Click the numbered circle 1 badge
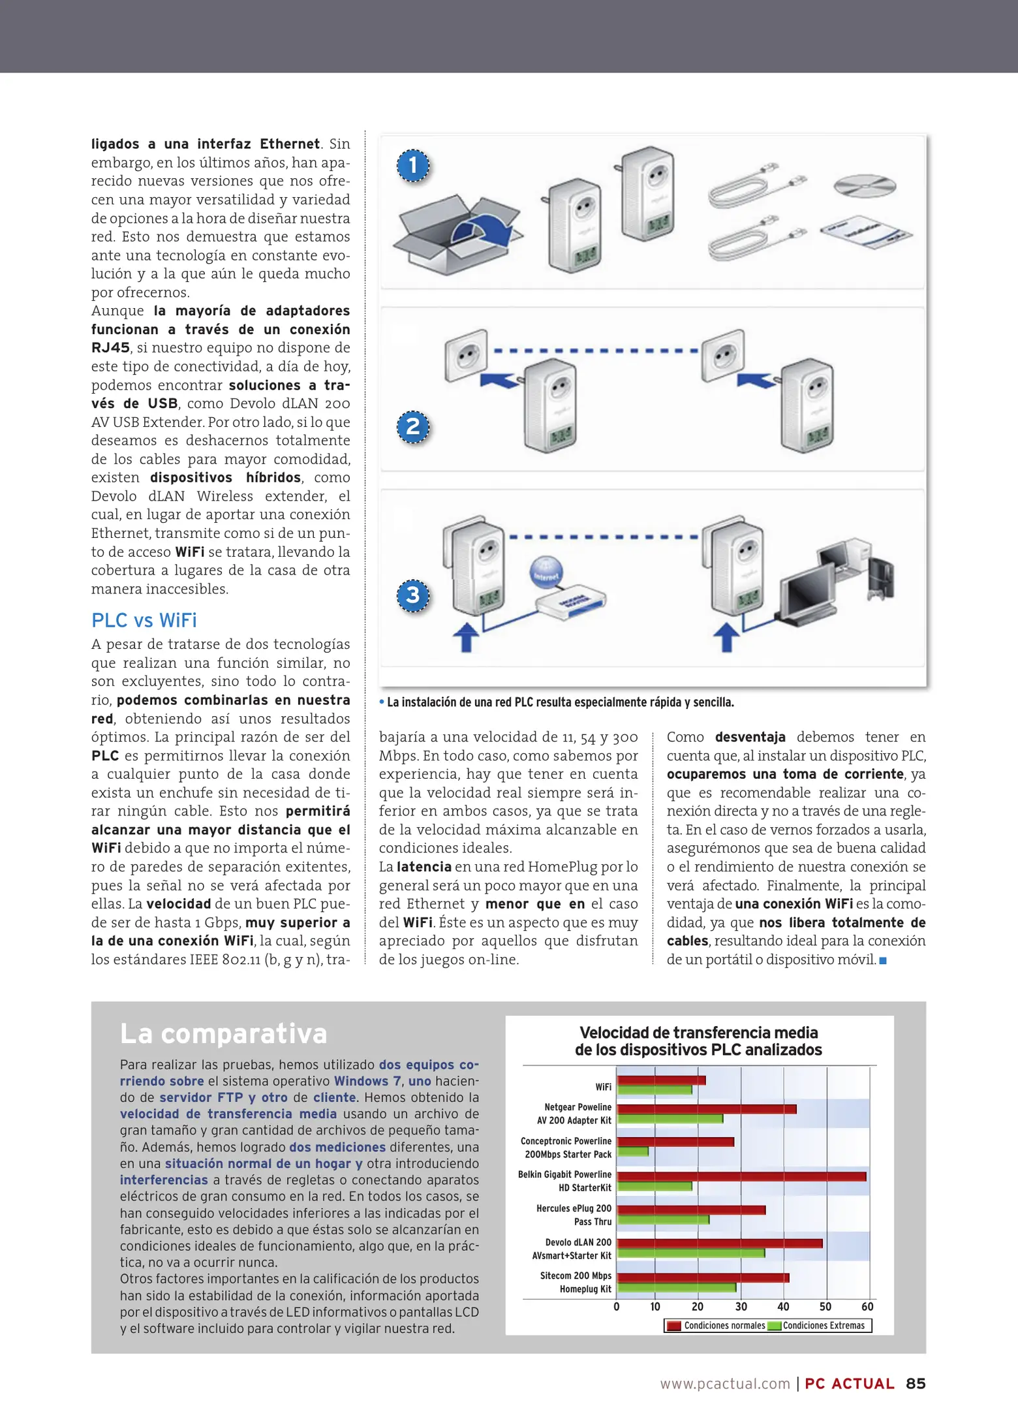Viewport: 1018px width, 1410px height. click(x=413, y=166)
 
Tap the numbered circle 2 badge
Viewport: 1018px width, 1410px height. click(x=413, y=428)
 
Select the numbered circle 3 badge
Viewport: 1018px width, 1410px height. click(x=413, y=595)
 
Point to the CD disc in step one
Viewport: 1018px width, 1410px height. click(x=864, y=186)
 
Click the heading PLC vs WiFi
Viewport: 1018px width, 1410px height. click(x=144, y=620)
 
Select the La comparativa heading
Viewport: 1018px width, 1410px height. click(x=224, y=1034)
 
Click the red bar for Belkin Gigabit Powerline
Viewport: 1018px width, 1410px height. click(x=741, y=1176)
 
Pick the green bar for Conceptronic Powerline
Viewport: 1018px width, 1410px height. click(x=633, y=1151)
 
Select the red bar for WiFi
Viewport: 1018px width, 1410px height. click(x=661, y=1080)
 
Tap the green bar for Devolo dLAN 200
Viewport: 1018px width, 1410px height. click(x=691, y=1253)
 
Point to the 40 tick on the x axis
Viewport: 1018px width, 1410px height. click(x=783, y=1307)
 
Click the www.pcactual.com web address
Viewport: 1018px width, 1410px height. click(x=725, y=1384)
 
